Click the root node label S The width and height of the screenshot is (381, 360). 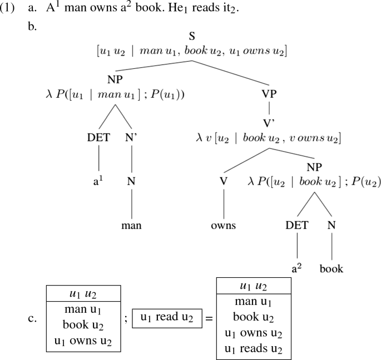point(192,37)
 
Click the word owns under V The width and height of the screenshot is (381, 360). point(224,226)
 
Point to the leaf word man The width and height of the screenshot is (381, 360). point(132,226)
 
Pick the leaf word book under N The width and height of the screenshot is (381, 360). point(331,269)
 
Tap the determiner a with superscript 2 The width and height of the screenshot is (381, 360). point(297,269)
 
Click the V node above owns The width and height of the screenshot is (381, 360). point(224,181)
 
